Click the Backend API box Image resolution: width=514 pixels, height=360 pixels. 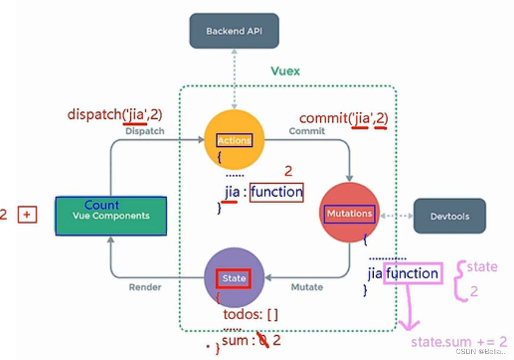click(x=234, y=31)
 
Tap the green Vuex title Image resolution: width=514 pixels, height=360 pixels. click(x=285, y=71)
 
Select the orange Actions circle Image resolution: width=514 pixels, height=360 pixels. click(x=234, y=140)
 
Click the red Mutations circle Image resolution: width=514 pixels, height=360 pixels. click(x=349, y=212)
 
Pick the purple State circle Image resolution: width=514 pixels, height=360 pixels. click(x=234, y=278)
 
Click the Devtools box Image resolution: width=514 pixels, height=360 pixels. click(x=449, y=216)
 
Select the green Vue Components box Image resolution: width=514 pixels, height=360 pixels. click(x=111, y=216)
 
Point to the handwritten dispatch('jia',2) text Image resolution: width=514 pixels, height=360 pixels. click(x=114, y=114)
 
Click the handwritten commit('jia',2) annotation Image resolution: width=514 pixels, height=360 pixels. click(x=343, y=118)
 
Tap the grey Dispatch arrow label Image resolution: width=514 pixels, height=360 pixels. click(x=144, y=131)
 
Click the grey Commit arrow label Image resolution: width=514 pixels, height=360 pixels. click(x=307, y=131)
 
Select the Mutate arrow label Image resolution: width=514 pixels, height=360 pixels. click(x=307, y=287)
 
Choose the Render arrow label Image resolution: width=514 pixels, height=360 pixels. click(x=145, y=287)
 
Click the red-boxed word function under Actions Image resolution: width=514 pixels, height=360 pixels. click(x=277, y=191)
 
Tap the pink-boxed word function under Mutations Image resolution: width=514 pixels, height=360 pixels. click(x=412, y=274)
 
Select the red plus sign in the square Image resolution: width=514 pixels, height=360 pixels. click(x=27, y=214)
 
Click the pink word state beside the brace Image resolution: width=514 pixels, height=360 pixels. click(x=481, y=267)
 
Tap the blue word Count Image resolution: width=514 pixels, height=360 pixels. click(x=102, y=205)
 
